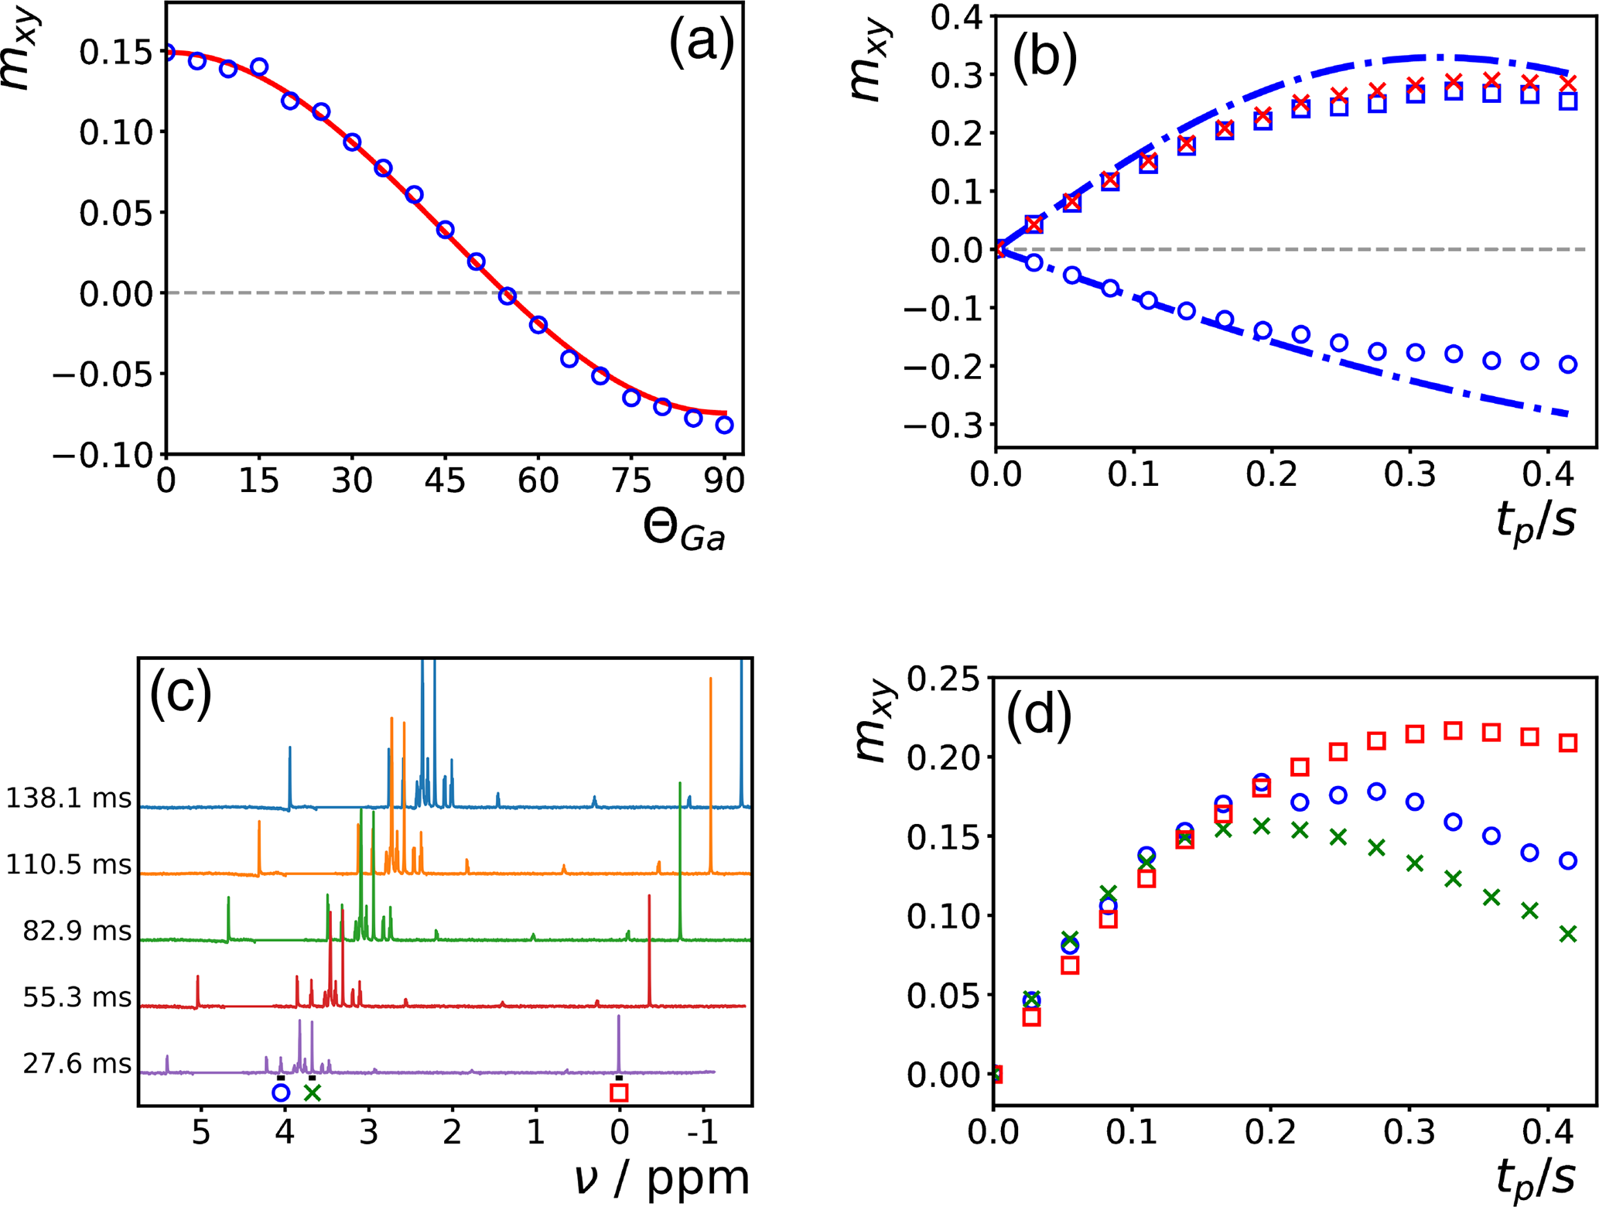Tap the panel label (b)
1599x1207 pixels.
tap(1044, 60)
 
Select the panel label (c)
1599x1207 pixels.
tap(180, 694)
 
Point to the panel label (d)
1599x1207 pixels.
tap(1038, 714)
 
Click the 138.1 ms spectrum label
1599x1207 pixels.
tap(69, 798)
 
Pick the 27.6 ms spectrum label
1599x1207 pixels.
tap(77, 1064)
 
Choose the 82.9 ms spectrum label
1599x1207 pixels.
tap(77, 931)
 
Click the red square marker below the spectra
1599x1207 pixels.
tap(619, 1092)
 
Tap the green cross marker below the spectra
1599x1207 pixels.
tap(312, 1092)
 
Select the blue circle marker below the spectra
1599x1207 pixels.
tap(281, 1092)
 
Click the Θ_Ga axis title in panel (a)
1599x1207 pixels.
tap(684, 531)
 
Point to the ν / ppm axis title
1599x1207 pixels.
tap(662, 1178)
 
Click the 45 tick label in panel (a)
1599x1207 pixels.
tap(445, 481)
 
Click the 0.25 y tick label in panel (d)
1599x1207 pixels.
tap(942, 679)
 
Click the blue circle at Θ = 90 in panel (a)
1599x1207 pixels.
tap(725, 425)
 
